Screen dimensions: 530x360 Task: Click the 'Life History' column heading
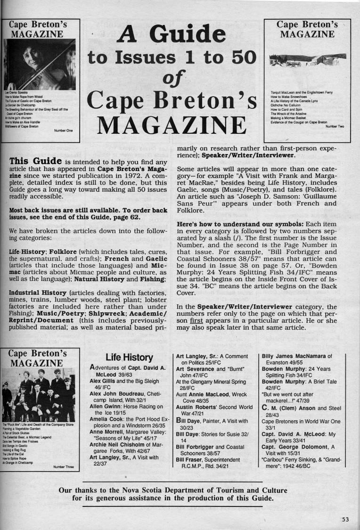(129, 358)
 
